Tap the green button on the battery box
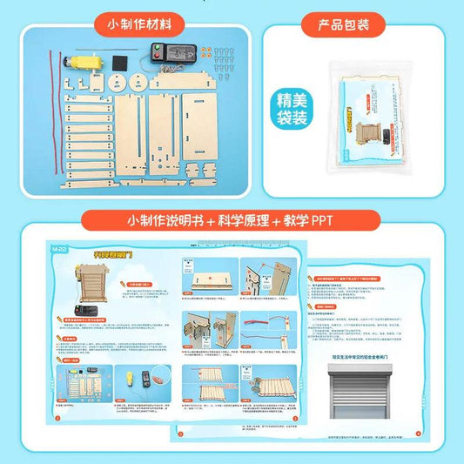tap(153, 50)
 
